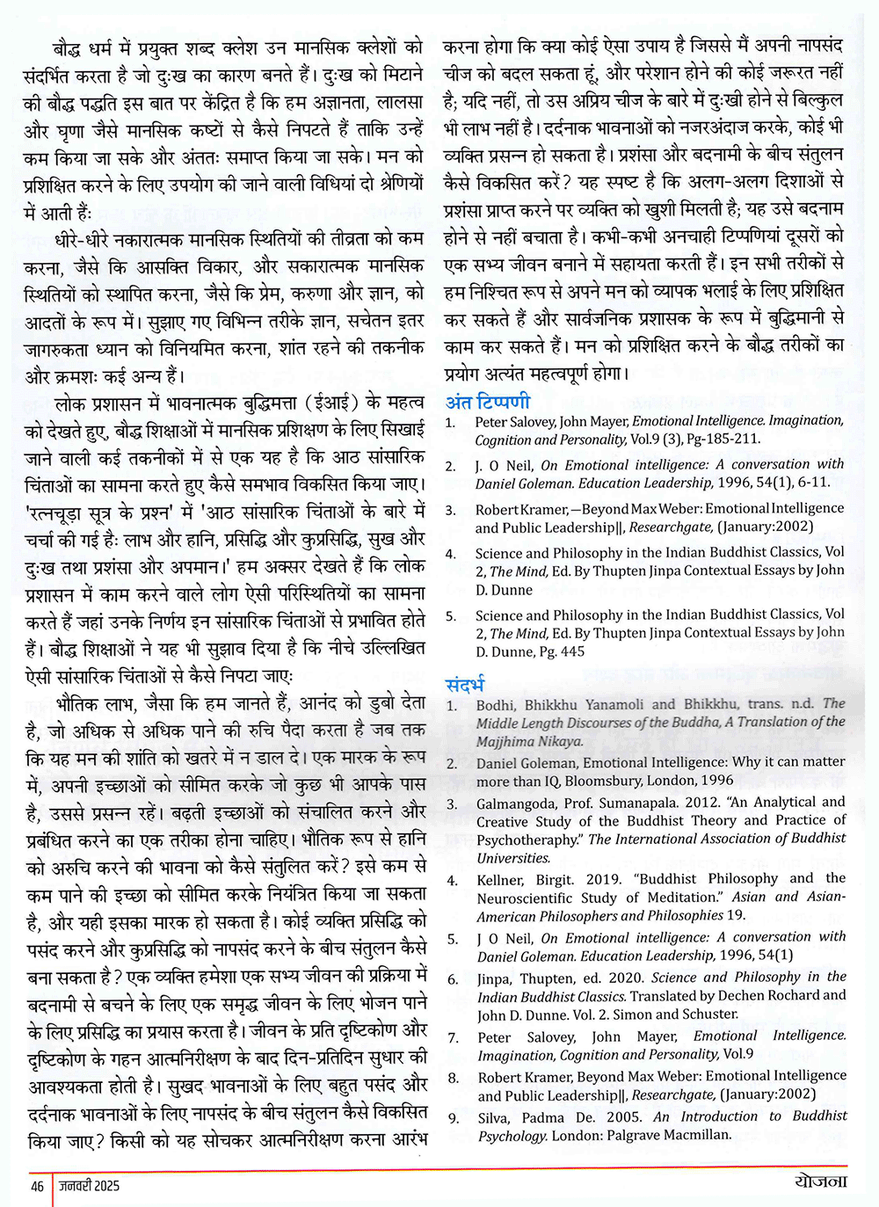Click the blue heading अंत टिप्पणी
tap(488, 402)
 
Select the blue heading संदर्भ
tap(465, 684)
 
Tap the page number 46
tap(36, 1185)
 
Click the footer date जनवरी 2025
tap(89, 1185)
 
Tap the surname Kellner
tap(503, 878)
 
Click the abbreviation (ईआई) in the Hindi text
tap(331, 404)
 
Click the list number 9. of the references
tap(454, 1117)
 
